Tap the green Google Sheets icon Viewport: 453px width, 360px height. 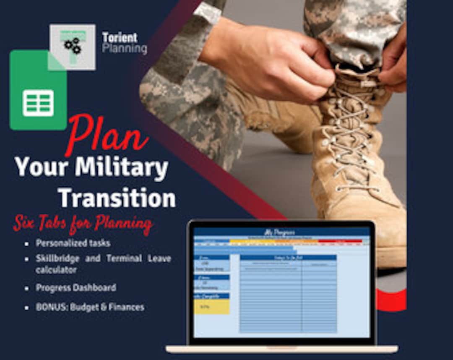click(38, 90)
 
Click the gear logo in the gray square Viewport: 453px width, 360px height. click(72, 47)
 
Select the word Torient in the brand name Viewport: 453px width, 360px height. click(120, 38)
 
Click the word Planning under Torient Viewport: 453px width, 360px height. click(125, 49)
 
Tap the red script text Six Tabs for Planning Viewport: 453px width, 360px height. click(82, 224)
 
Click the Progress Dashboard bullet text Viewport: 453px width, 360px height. click(76, 288)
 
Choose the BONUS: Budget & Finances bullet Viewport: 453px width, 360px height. click(90, 307)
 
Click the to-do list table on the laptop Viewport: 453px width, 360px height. click(288, 294)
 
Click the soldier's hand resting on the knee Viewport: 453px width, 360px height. click(268, 63)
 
